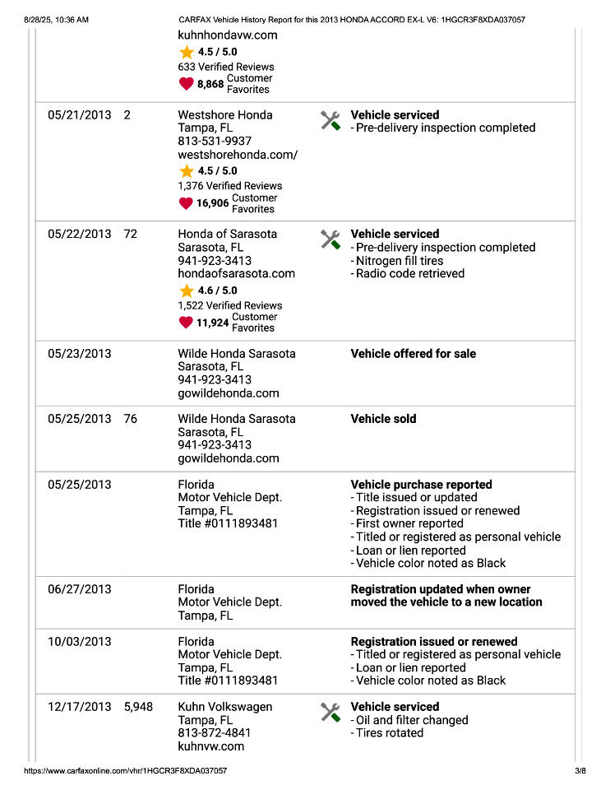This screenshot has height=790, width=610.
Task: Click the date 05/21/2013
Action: click(79, 115)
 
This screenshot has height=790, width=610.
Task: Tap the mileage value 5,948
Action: click(138, 707)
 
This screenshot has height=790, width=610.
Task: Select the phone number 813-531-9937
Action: click(215, 142)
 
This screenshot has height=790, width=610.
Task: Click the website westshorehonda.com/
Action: click(238, 155)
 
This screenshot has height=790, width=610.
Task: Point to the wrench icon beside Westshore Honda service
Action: click(330, 121)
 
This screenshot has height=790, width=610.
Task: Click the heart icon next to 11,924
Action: click(187, 323)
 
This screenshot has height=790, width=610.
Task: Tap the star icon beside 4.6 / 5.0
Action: click(187, 290)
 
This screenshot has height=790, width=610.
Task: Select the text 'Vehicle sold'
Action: click(383, 419)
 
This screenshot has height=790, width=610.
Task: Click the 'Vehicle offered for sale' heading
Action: click(413, 354)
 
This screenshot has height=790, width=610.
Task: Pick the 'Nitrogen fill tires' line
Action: click(400, 261)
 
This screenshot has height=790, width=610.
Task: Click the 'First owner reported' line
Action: click(407, 523)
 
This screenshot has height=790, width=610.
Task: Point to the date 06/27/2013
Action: click(79, 589)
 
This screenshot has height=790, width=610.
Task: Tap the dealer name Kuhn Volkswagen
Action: click(224, 707)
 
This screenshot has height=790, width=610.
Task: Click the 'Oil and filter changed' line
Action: click(409, 720)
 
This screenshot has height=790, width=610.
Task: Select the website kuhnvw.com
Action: click(210, 746)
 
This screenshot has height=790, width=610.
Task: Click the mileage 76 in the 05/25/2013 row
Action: click(131, 419)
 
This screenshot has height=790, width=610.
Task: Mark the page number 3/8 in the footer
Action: click(580, 771)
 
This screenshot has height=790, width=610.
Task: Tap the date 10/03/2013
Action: click(79, 642)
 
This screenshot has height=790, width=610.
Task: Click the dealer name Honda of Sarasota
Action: click(227, 235)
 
